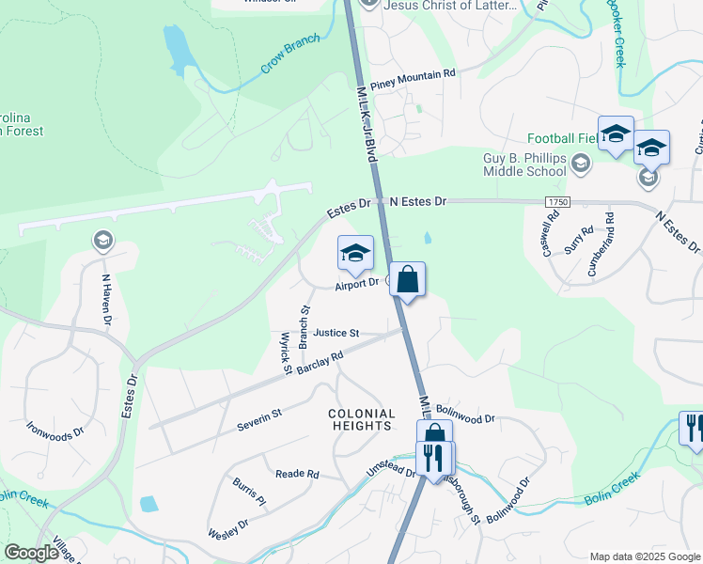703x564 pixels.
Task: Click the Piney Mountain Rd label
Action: pyautogui.click(x=413, y=72)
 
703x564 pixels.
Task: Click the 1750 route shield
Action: pyautogui.click(x=557, y=202)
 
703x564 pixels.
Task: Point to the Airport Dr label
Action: pyautogui.click(x=357, y=282)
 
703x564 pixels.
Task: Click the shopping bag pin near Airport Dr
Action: pyautogui.click(x=407, y=279)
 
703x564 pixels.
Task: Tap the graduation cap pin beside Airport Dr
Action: pyautogui.click(x=355, y=253)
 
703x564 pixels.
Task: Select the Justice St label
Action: pyautogui.click(x=336, y=333)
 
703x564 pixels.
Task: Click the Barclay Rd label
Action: pyautogui.click(x=320, y=362)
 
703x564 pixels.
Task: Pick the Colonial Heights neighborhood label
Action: pyautogui.click(x=361, y=419)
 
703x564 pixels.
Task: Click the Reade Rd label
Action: pyautogui.click(x=298, y=474)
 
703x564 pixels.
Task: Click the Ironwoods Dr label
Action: pyautogui.click(x=55, y=435)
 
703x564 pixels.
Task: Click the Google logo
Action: pyautogui.click(x=32, y=553)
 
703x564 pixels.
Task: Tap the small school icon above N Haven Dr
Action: pyautogui.click(x=102, y=241)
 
